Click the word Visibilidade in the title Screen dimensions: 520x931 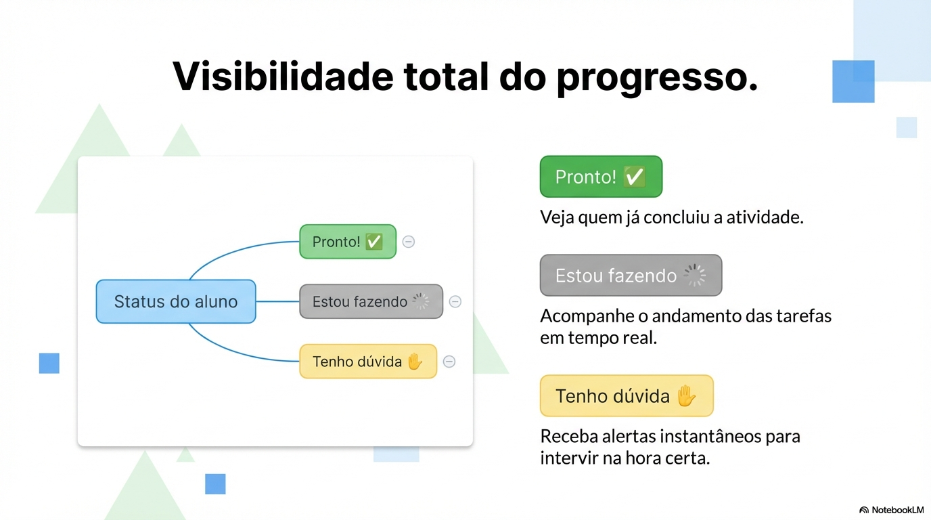click(x=282, y=76)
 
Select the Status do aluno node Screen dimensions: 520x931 click(x=176, y=301)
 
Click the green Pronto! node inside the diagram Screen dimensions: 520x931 click(x=347, y=242)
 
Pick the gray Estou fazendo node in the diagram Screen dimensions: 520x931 click(x=371, y=301)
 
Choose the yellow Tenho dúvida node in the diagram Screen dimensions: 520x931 click(x=367, y=362)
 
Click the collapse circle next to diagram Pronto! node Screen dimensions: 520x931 click(x=409, y=242)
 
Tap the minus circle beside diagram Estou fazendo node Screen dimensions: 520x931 click(x=455, y=301)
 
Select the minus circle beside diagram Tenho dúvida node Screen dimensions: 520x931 click(x=449, y=362)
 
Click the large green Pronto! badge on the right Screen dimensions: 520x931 click(x=601, y=177)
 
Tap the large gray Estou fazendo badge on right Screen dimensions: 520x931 click(x=631, y=276)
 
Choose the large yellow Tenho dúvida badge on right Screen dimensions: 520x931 click(x=627, y=395)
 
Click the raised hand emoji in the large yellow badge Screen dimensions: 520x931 click(x=686, y=395)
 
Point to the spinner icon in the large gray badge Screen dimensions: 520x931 click(x=694, y=276)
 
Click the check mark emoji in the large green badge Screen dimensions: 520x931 click(x=634, y=177)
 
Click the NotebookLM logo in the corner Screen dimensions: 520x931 click(x=891, y=510)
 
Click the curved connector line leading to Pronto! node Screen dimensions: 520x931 click(x=230, y=254)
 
